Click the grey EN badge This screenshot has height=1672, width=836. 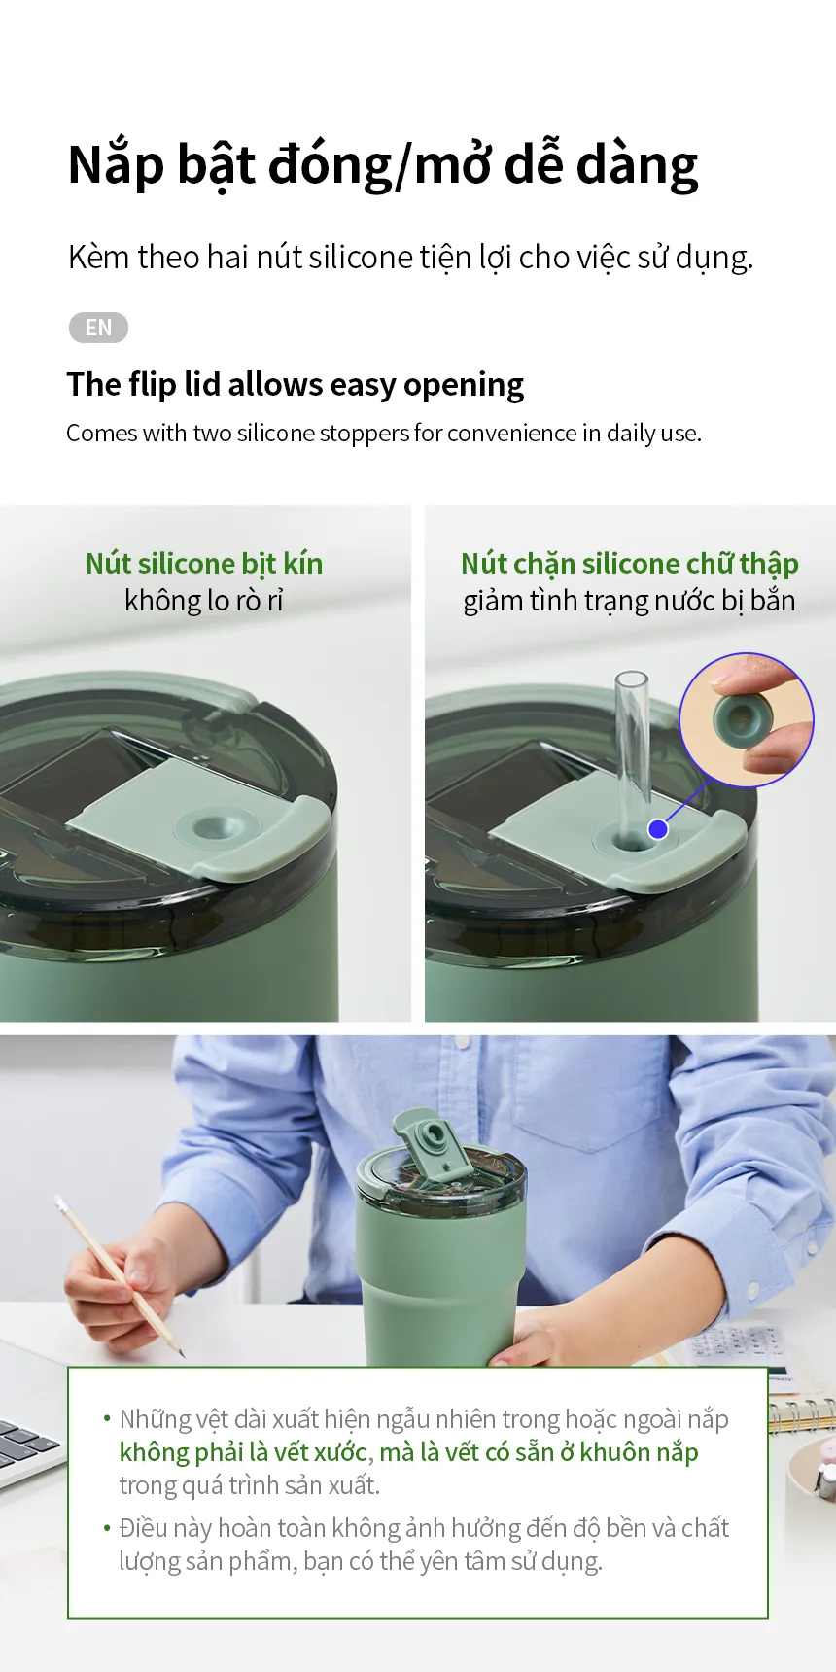tap(98, 328)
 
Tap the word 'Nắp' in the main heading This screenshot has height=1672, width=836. tap(116, 164)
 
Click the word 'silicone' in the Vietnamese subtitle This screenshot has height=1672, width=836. tap(361, 257)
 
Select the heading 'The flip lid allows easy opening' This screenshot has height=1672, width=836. tap(296, 385)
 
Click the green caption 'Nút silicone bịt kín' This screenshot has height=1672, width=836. tap(204, 563)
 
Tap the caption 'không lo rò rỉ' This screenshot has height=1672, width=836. tap(204, 601)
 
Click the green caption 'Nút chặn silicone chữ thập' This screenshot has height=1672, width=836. tap(630, 564)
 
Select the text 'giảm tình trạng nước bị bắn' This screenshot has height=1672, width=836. tap(629, 601)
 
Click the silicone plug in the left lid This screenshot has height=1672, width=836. tap(216, 827)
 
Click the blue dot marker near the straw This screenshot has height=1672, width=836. tap(658, 829)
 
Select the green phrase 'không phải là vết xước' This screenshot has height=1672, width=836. tap(243, 1452)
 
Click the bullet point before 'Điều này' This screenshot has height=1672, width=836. tap(107, 1528)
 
